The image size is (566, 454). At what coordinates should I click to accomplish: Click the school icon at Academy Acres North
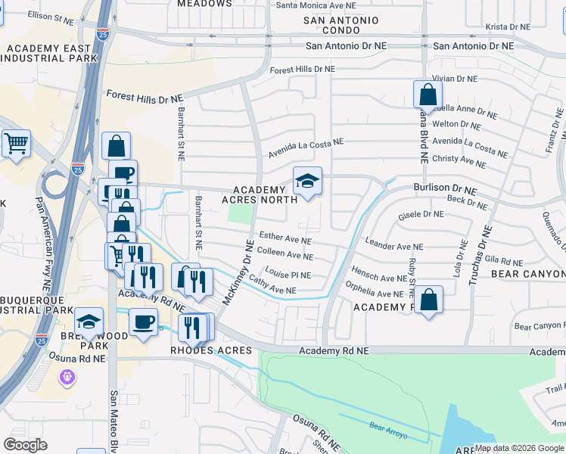(307, 182)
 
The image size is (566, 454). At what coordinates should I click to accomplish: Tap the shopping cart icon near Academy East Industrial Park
(16, 143)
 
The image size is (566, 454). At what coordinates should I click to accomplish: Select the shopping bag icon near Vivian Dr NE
(428, 95)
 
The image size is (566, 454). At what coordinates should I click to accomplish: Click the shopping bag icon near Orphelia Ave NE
(428, 300)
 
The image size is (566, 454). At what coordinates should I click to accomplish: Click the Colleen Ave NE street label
(285, 255)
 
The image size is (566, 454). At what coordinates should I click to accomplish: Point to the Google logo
(25, 445)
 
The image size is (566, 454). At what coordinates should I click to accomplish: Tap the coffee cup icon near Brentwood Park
(143, 322)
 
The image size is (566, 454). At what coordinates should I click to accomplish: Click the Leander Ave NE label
(393, 246)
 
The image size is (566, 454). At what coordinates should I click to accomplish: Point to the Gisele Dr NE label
(421, 214)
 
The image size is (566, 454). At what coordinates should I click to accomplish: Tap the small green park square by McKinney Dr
(241, 214)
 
